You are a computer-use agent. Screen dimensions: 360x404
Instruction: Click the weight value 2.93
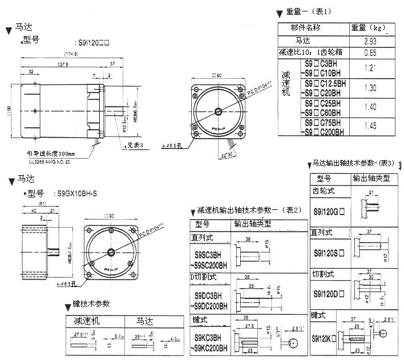tap(369, 41)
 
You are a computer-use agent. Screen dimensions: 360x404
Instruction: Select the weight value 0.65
tap(370, 53)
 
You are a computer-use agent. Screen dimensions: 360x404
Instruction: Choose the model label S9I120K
tap(323, 338)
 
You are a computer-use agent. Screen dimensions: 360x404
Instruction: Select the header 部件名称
tap(305, 27)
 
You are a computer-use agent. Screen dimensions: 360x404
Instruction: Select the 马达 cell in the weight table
tap(305, 41)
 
